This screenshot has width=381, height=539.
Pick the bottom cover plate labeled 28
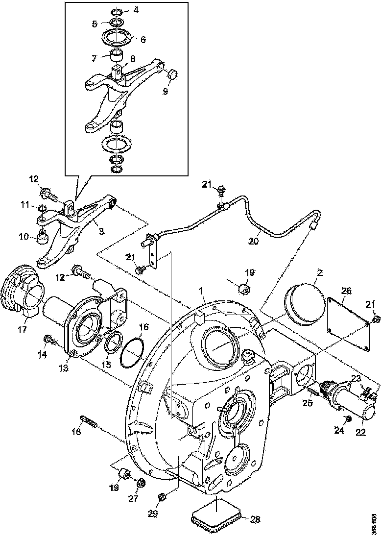[x=215, y=517]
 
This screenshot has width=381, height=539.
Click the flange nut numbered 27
[x=141, y=483]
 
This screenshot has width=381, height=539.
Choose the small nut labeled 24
[x=348, y=419]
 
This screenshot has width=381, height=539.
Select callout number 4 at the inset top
[x=136, y=9]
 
